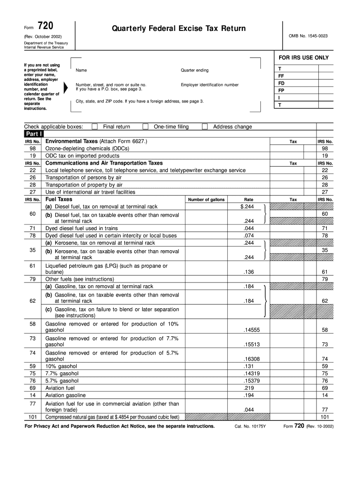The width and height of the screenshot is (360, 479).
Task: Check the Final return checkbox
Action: pyautogui.click(x=95, y=127)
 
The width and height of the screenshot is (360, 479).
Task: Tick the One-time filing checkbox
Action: pyautogui.click(x=145, y=127)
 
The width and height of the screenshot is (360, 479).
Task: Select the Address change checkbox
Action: pyautogui.click(x=205, y=127)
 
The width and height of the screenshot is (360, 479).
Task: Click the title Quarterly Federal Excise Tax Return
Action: pyautogui.click(x=179, y=29)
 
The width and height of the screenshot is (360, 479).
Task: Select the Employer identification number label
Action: pyautogui.click(x=209, y=85)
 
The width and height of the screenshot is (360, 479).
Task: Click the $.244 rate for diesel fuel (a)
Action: pyautogui.click(x=247, y=206)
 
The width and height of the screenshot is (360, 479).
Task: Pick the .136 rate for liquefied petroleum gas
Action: pyautogui.click(x=249, y=272)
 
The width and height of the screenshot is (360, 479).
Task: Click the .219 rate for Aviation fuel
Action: pyautogui.click(x=249, y=388)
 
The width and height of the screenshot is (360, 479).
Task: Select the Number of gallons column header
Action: pyautogui.click(x=206, y=200)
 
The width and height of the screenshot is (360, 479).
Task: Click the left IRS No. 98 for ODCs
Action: pyautogui.click(x=33, y=148)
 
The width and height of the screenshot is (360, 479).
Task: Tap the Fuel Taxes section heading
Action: pyautogui.click(x=59, y=199)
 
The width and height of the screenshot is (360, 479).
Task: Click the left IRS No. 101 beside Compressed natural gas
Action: pyautogui.click(x=33, y=417)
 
